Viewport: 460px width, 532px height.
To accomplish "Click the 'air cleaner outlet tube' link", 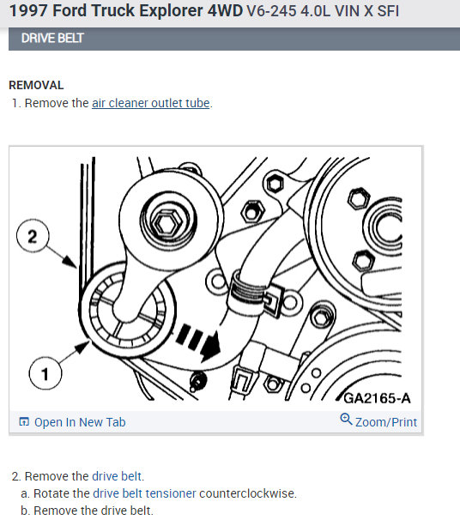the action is [x=151, y=103].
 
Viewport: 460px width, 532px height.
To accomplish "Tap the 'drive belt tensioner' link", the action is [x=144, y=493].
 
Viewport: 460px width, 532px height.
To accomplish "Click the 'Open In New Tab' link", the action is [x=80, y=422].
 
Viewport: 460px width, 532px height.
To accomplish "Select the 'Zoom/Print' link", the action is [x=386, y=422].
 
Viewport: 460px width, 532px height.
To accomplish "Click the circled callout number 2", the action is [x=33, y=236].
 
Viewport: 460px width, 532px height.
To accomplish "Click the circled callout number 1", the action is [x=45, y=373].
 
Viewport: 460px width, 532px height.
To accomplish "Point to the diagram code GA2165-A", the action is [x=377, y=398].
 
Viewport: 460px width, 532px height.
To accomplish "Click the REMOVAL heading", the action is [x=36, y=85].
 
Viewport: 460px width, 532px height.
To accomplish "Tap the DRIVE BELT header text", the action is [x=52, y=38].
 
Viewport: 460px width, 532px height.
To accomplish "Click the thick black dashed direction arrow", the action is [x=198, y=341].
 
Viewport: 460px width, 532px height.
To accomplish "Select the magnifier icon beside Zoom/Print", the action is [x=346, y=420].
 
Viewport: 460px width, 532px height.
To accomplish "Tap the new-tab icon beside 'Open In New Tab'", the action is [x=24, y=421].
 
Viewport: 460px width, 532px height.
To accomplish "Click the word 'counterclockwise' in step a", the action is [x=248, y=493].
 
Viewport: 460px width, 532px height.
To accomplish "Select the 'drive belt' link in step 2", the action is [x=117, y=476].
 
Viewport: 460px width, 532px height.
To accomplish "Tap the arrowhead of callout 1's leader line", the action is [x=82, y=348].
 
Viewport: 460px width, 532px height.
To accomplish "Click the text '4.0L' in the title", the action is [x=316, y=11].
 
